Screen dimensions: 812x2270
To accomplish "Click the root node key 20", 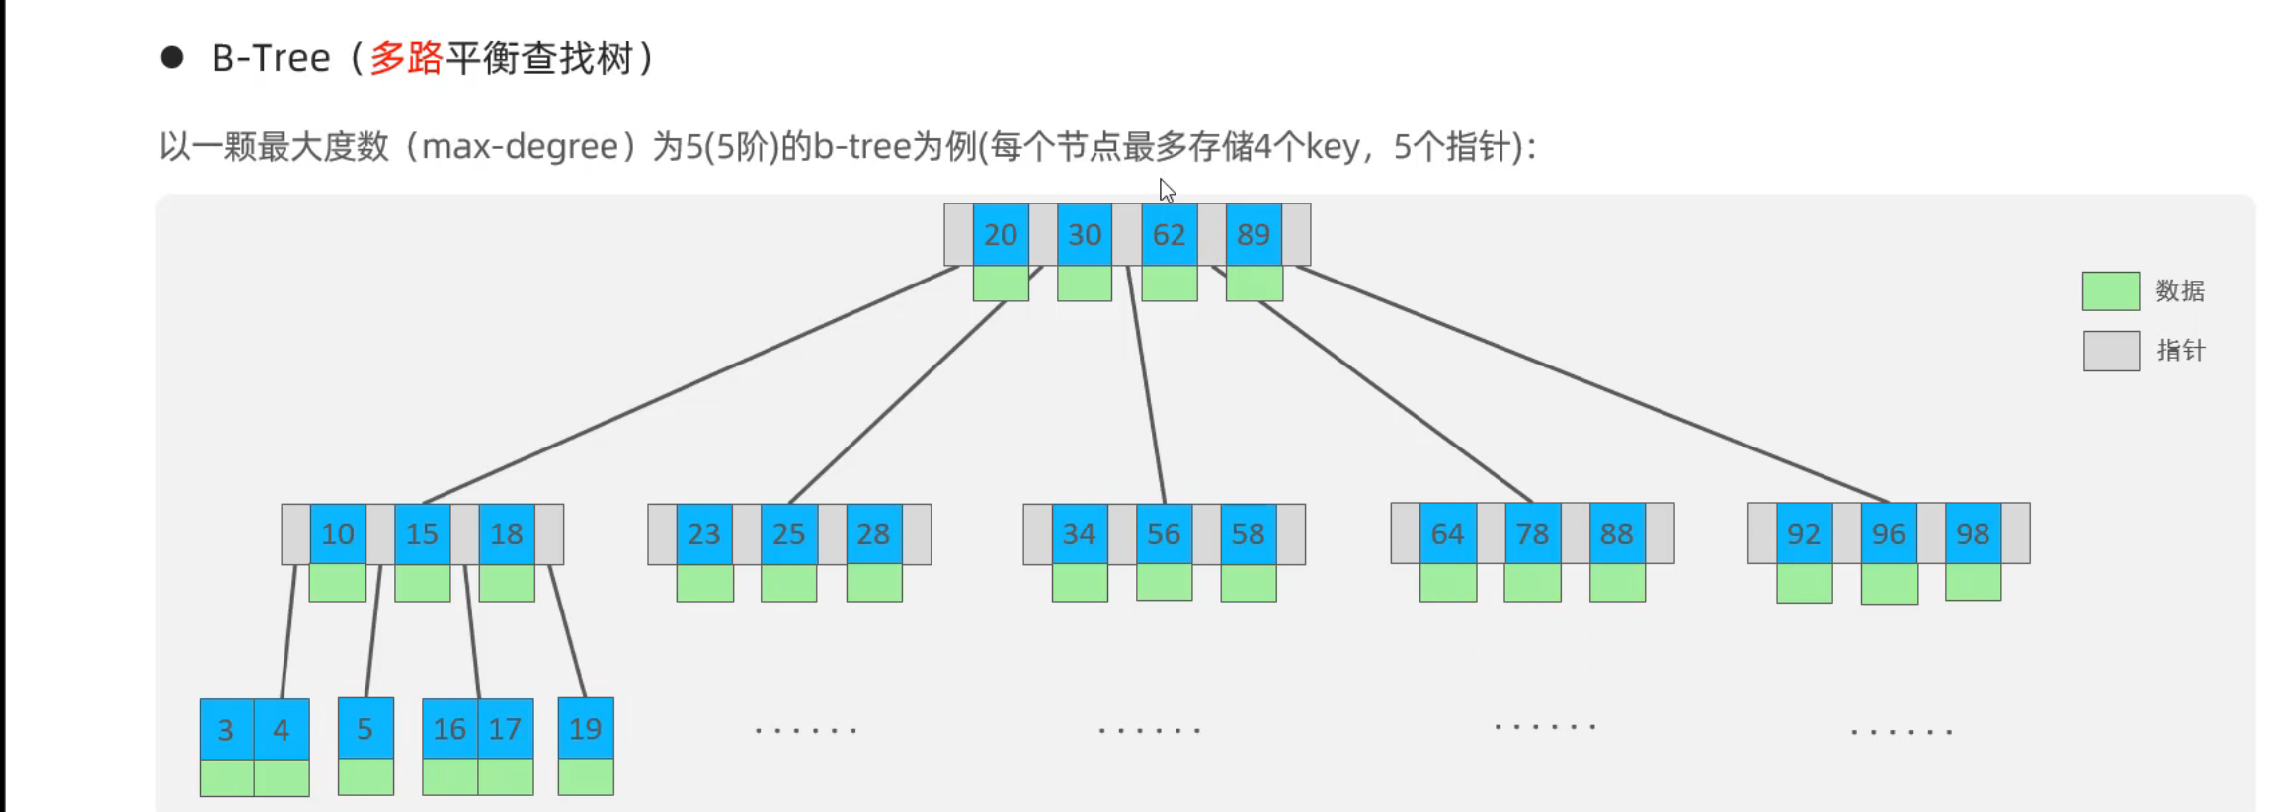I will pos(1001,234).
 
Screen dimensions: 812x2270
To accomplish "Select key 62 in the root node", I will pos(1169,234).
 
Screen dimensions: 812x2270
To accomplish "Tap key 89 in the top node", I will pos(1254,234).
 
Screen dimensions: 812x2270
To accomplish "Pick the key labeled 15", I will pos(422,533).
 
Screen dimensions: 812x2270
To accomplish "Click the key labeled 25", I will pos(788,533).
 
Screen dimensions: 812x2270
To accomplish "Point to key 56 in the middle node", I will pos(1164,533).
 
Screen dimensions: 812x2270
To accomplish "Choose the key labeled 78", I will pos(1532,533).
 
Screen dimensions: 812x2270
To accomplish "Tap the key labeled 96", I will pos(1888,533).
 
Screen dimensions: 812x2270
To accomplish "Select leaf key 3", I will pos(226,729).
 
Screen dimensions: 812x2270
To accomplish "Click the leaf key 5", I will pos(365,728).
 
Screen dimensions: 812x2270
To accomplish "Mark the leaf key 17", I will pos(505,728).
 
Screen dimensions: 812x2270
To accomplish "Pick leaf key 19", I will pos(586,728).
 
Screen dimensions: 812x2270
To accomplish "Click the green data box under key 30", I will pos(1085,284).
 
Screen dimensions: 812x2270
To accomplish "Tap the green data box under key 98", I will pos(1973,582).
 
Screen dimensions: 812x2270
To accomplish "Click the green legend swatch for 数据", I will pos(2110,291).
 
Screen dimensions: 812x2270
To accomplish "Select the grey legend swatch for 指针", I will pos(2111,351).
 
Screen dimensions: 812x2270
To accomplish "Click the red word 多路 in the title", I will pos(406,58).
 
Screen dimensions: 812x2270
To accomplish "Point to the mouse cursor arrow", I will pos(1167,190).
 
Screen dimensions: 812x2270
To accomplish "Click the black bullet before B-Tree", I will pos(172,57).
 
